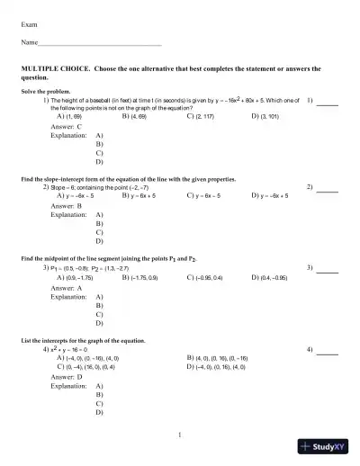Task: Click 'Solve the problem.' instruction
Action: pyautogui.click(x=44, y=92)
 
